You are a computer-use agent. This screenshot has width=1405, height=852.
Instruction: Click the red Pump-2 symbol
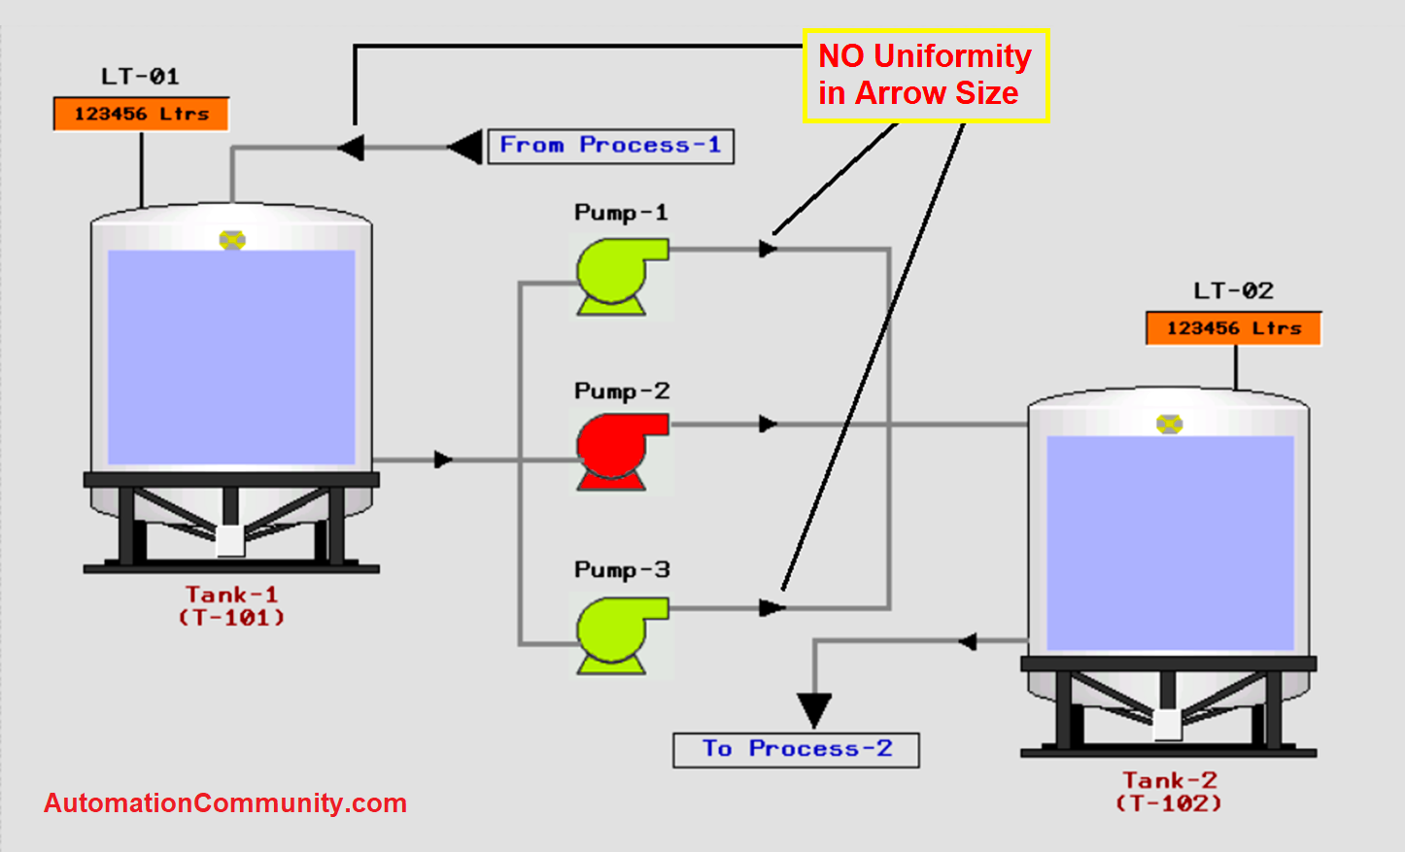pos(620,451)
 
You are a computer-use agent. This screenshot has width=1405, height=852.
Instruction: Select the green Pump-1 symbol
pos(620,276)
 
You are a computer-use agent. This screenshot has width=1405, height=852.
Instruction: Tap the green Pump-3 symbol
pos(620,634)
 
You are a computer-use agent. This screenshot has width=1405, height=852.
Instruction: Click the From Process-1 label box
pos(610,146)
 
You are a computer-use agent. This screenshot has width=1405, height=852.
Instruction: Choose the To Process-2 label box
pos(796,749)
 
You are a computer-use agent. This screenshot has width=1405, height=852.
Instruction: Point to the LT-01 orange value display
pos(141,114)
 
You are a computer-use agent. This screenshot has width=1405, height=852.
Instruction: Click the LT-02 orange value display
pos(1233,328)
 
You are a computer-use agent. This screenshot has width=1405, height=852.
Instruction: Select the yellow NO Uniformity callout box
pos(925,75)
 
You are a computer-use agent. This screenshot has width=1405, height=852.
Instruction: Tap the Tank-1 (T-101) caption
pos(231,605)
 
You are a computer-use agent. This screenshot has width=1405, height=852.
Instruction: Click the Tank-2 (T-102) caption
pos(1169,792)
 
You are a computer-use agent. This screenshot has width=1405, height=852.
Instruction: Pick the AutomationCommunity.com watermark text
pos(225,803)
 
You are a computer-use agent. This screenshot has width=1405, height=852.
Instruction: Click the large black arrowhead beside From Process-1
pos(465,148)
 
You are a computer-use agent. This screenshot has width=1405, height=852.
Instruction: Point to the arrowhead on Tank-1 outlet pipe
pos(443,460)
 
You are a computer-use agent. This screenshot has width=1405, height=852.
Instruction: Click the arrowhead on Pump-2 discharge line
pos(768,425)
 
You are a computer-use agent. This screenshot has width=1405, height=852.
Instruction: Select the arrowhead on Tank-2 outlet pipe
pos(967,641)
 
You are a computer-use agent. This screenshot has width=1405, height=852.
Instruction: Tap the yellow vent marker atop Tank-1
pos(232,240)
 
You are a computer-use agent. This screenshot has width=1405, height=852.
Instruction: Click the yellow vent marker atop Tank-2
pos(1169,424)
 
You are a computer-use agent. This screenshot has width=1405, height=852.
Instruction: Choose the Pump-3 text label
pos(622,569)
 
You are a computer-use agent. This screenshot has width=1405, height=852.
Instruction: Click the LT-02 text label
pos(1233,290)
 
